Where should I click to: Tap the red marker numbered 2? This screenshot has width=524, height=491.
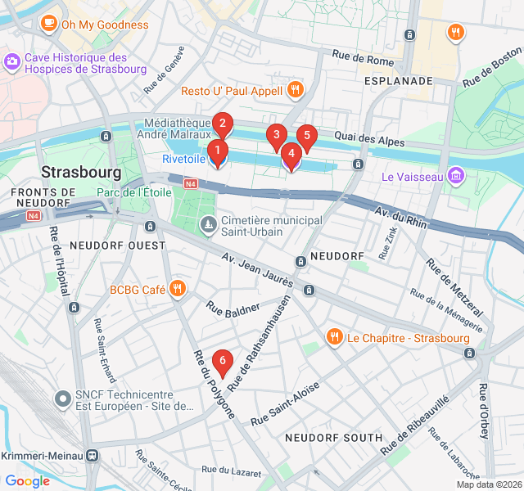pyautogui.click(x=223, y=124)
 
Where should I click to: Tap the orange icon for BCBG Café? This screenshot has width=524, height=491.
pyautogui.click(x=177, y=290)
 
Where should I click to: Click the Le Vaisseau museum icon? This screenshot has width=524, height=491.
pyautogui.click(x=456, y=176)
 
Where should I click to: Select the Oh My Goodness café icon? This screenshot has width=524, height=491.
pyautogui.click(x=49, y=25)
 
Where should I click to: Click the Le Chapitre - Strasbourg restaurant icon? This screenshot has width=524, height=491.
pyautogui.click(x=334, y=337)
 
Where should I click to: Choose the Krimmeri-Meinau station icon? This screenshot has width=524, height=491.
pyautogui.click(x=94, y=455)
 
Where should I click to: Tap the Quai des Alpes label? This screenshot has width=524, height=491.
pyautogui.click(x=374, y=140)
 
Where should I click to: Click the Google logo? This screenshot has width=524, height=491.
pyautogui.click(x=27, y=481)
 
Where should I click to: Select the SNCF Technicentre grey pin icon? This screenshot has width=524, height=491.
pyautogui.click(x=63, y=399)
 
